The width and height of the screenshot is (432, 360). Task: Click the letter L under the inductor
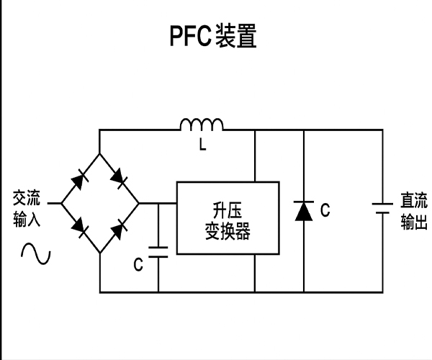(202, 146)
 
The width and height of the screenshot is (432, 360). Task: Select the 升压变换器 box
(228, 218)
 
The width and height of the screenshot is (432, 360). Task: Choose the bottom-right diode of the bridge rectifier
(117, 229)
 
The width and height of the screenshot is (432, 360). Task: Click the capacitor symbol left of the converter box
(158, 252)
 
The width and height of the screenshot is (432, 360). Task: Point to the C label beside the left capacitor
(138, 264)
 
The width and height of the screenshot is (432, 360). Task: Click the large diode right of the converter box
(303, 210)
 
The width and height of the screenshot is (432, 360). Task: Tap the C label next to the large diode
(325, 210)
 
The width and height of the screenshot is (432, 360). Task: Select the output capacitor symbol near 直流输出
(382, 208)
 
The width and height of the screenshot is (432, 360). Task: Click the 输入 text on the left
(27, 218)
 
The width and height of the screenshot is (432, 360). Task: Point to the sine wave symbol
(35, 252)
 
